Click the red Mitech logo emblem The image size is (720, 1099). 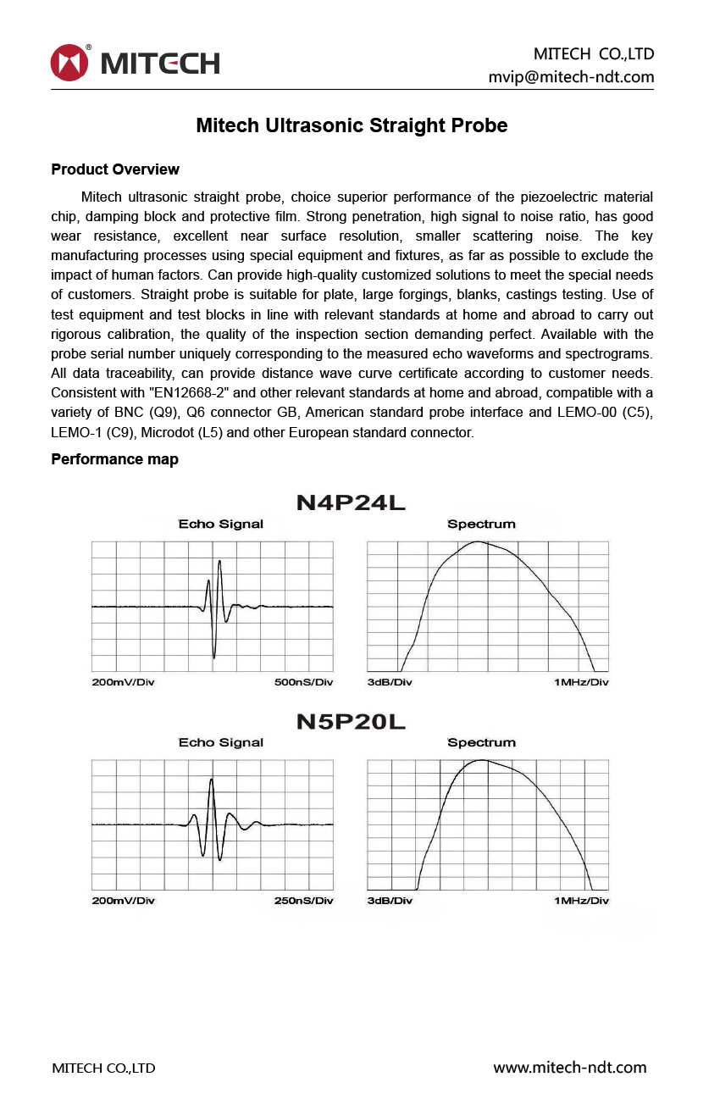pos(69,63)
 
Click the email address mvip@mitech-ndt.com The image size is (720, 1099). pos(571,77)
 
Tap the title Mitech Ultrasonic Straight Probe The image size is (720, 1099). pos(352,125)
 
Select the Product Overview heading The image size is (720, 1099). pos(115,169)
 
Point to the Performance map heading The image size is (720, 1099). pos(114,459)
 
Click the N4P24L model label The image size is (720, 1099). pos(351,502)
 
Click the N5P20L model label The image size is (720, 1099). pos(351,722)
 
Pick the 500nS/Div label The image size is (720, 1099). pos(303,682)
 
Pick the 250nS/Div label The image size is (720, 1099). pos(303,900)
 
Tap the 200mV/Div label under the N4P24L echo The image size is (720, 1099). pos(124,682)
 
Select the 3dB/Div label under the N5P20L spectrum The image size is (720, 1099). pos(390,900)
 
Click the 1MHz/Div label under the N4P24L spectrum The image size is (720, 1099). pos(581,682)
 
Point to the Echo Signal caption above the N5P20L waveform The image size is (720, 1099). pos(220,742)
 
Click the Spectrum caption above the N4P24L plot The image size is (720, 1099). pos(481,524)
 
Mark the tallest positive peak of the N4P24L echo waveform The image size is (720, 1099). pos(219,561)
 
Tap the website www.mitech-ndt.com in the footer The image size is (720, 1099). pos(569,1068)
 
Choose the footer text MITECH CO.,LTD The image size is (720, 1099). pos(103,1068)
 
